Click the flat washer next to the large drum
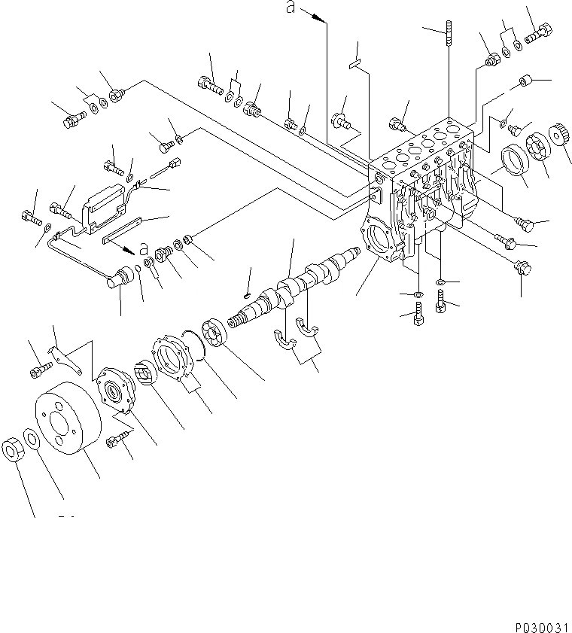coord(32,439)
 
